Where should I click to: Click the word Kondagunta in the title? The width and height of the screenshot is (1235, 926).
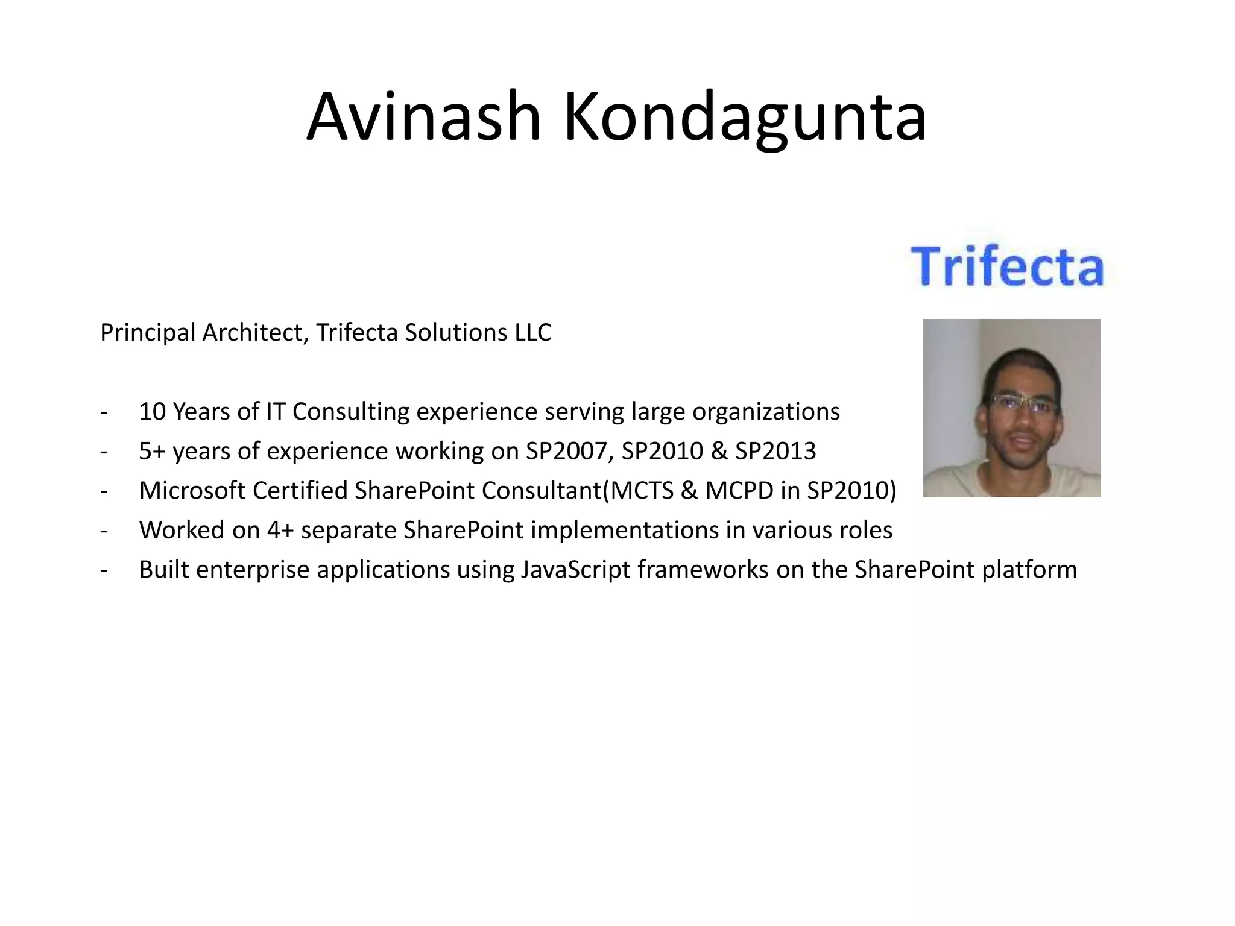(744, 118)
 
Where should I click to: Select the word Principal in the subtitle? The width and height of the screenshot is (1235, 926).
(148, 333)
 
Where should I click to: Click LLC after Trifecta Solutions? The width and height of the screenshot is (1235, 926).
(532, 333)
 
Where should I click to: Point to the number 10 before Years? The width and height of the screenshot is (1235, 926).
(152, 412)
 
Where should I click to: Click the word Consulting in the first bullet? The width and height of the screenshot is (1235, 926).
(350, 412)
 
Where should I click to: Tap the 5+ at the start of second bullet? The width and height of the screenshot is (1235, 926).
(152, 452)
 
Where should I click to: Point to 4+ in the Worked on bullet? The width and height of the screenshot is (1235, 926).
(280, 531)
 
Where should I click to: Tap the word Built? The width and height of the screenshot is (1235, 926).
(163, 570)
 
